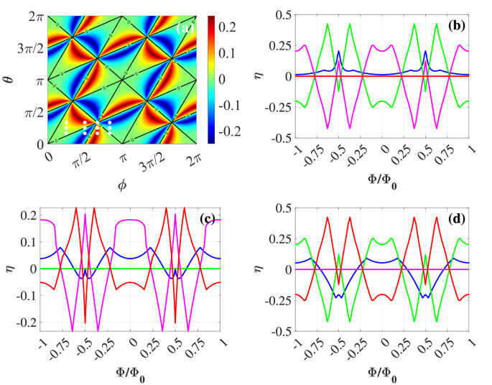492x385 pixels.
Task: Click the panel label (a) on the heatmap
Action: click(185, 28)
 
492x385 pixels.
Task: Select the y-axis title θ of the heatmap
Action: click(9, 79)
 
